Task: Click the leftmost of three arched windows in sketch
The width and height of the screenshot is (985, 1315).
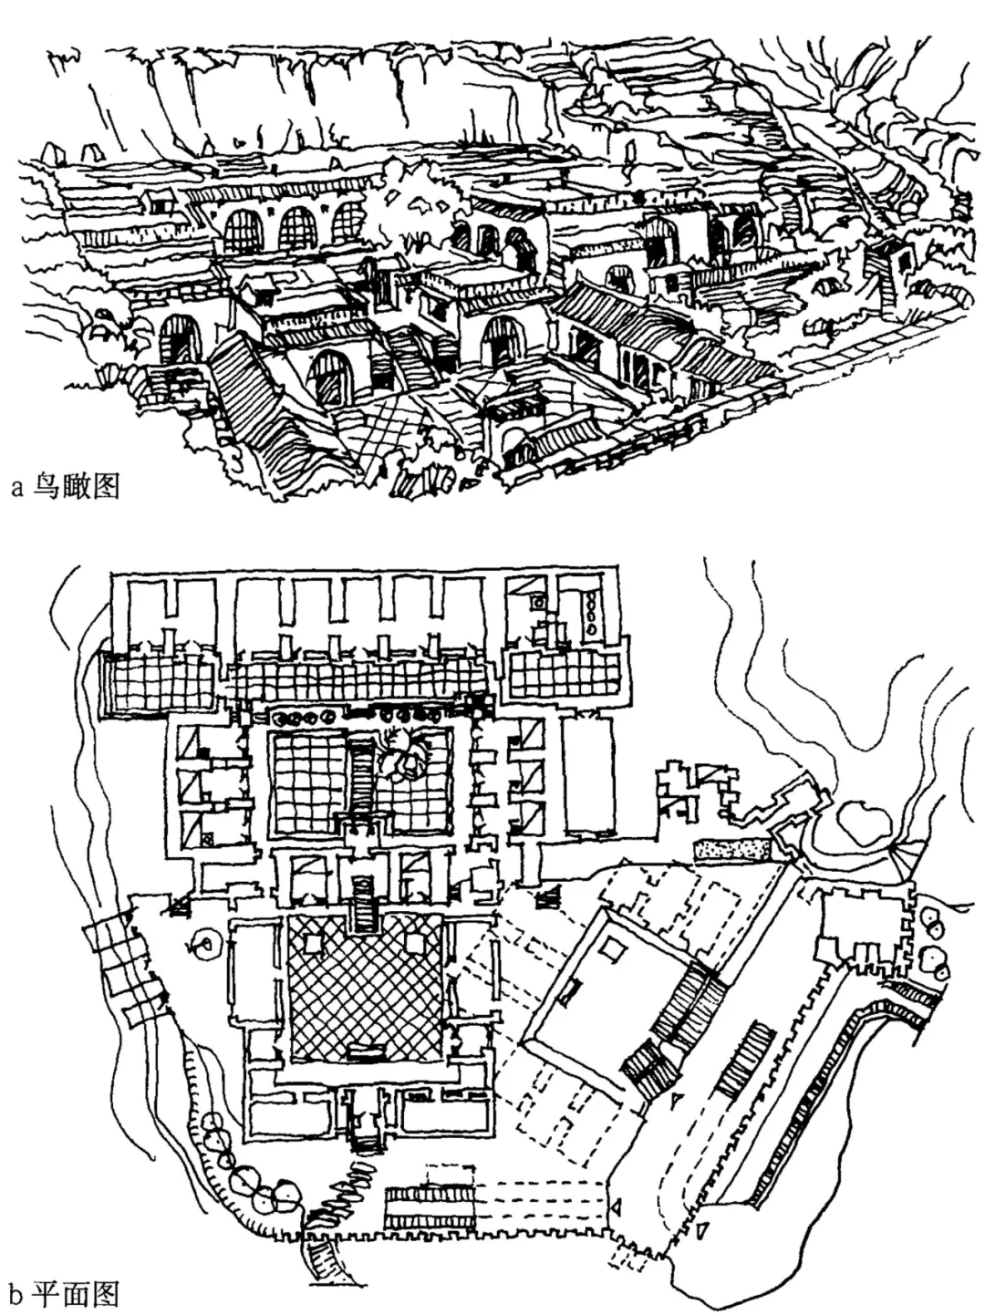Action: (x=243, y=232)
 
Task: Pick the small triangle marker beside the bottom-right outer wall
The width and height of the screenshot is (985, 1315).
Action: (x=703, y=1231)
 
